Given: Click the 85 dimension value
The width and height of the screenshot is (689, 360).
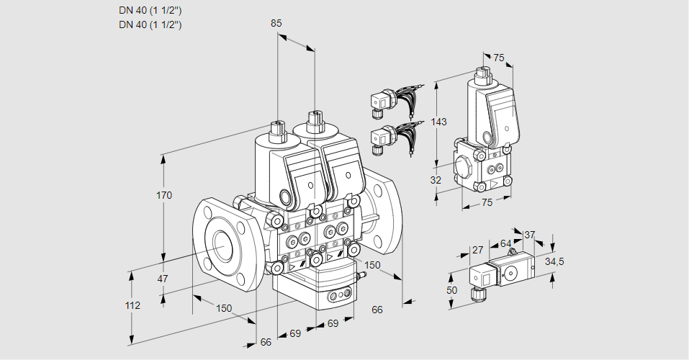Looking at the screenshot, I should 276,23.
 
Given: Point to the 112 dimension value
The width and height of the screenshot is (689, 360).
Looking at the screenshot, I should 132,305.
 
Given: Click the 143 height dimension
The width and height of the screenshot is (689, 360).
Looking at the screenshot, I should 439,122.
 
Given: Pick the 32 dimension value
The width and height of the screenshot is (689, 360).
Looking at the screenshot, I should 435,180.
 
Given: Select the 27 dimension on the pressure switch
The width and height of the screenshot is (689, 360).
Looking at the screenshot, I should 477,250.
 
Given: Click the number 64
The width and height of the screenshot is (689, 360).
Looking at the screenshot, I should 505,244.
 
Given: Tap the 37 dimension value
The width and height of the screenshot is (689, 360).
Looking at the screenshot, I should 530,235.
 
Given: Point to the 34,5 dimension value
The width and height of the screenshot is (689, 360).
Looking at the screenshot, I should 554,261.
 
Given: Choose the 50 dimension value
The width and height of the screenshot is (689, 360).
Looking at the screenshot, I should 452,289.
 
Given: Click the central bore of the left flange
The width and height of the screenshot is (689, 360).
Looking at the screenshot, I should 222,246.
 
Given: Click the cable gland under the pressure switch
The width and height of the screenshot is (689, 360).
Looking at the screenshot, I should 476,293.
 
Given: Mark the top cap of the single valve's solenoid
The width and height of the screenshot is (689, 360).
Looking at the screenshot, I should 483,73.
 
